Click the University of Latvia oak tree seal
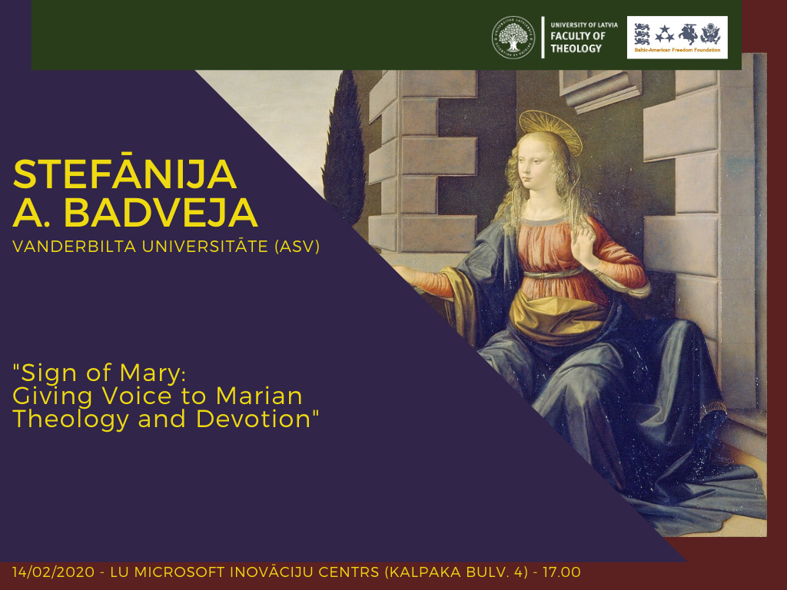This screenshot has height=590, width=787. point(513,37)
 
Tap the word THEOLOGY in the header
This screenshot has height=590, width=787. point(576,48)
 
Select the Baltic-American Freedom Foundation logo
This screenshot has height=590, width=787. point(677,37)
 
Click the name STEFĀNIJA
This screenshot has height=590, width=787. point(125,174)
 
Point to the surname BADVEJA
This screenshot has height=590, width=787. point(161,213)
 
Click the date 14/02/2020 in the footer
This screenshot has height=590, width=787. point(54,572)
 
